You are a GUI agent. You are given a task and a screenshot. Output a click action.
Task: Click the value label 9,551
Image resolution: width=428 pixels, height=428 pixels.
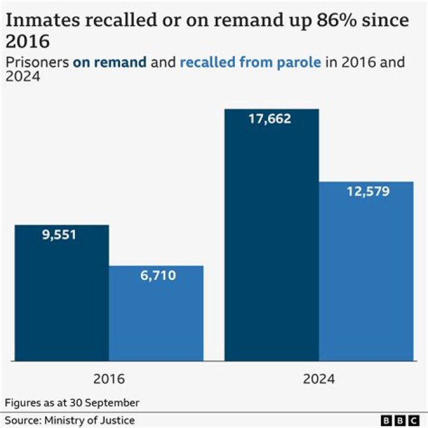click(x=59, y=234)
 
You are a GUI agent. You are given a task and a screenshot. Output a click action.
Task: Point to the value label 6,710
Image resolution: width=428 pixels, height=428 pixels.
click(x=158, y=275)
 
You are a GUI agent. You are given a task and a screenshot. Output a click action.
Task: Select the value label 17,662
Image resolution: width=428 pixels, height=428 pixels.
click(x=270, y=119)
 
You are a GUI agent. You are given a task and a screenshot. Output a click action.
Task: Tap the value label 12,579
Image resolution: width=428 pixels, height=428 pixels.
click(x=368, y=191)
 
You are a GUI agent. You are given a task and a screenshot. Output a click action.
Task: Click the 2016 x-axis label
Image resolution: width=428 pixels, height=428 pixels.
click(x=109, y=379)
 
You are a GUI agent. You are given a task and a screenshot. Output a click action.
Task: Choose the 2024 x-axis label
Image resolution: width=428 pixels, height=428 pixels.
click(x=319, y=379)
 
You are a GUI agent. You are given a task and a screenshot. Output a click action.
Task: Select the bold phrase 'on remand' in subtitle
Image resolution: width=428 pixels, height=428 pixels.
click(x=110, y=62)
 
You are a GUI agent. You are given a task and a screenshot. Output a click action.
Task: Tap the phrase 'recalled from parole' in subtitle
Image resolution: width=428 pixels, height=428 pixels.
click(x=250, y=62)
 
